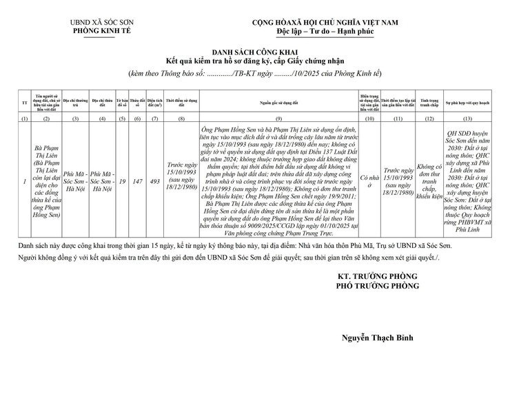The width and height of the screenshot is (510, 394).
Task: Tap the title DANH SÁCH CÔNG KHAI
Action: point(254,52)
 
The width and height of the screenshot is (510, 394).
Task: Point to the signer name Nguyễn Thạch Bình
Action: point(378,338)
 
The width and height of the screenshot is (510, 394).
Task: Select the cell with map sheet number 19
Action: point(122,182)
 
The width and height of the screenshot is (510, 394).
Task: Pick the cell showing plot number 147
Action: point(137,182)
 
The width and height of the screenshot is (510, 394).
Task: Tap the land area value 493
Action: point(155,182)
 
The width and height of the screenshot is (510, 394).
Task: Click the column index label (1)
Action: point(24,118)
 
